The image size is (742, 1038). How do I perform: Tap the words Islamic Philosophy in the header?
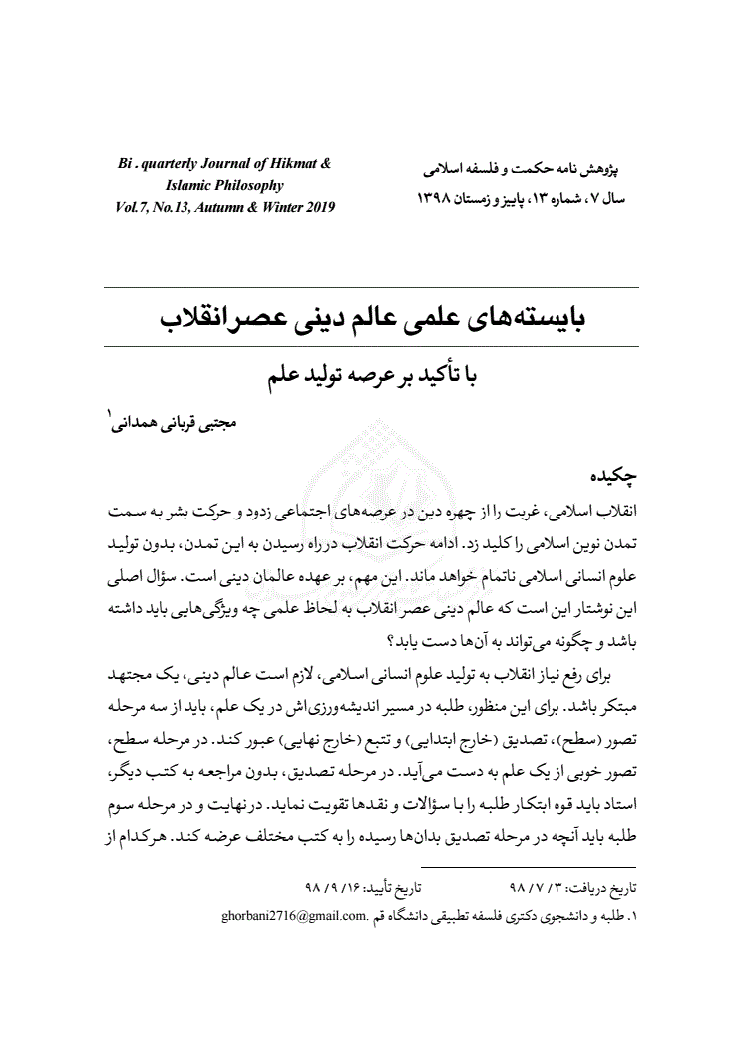click(225, 185)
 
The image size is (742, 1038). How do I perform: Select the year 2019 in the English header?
click(318, 207)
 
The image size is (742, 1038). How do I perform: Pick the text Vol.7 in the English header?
click(133, 207)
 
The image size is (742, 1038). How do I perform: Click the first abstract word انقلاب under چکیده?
click(614, 510)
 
